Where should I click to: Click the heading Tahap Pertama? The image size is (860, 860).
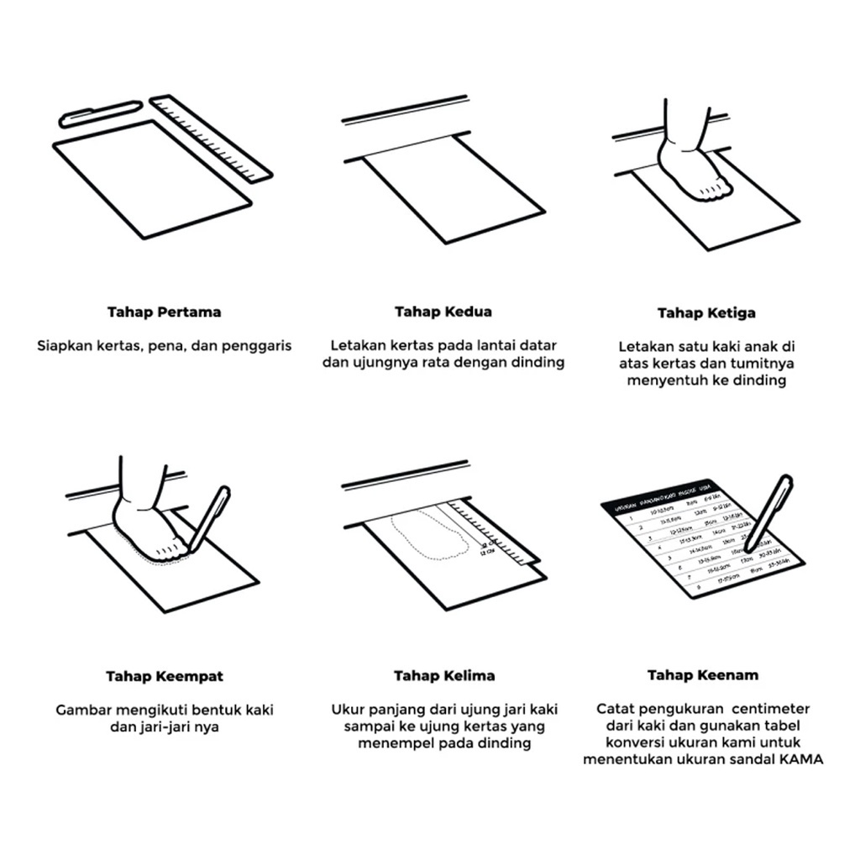[164, 312]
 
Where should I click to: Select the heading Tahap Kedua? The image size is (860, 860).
[443, 312]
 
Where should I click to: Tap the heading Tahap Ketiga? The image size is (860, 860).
[706, 313]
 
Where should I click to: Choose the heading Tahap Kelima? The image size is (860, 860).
[444, 676]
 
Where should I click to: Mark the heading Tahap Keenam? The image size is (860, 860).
[703, 675]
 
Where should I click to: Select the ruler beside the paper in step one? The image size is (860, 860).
[212, 138]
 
